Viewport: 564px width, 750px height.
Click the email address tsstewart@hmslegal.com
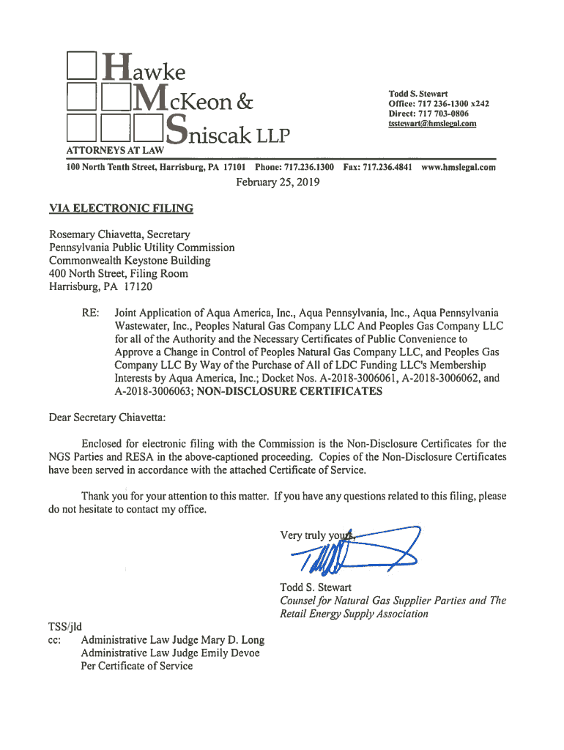click(x=432, y=124)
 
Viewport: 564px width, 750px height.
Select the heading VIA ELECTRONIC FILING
click(x=121, y=209)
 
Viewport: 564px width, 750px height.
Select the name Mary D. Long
click(x=233, y=639)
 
